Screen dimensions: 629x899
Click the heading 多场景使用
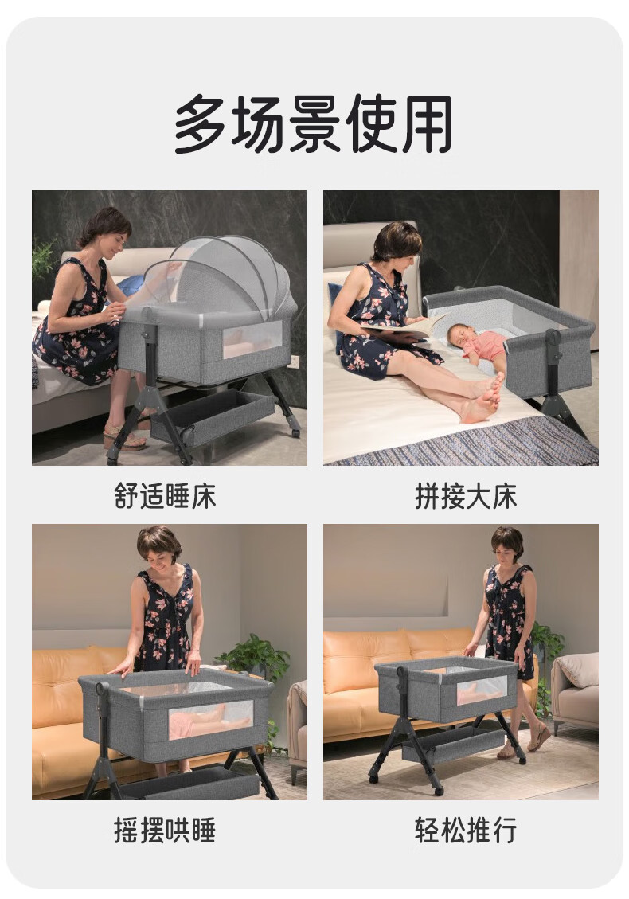pos(314,124)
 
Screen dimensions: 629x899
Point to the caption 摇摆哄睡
pos(165,831)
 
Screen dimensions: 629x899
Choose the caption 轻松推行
pos(466,831)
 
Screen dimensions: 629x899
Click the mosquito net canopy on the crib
pos(221,276)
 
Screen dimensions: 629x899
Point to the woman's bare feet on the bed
pos(483,398)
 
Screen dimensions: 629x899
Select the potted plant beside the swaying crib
pos(256,659)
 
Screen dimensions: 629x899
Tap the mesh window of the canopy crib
pos(252,339)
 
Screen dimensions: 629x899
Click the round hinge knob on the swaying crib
pos(103,689)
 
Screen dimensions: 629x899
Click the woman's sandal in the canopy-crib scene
pos(124,438)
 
